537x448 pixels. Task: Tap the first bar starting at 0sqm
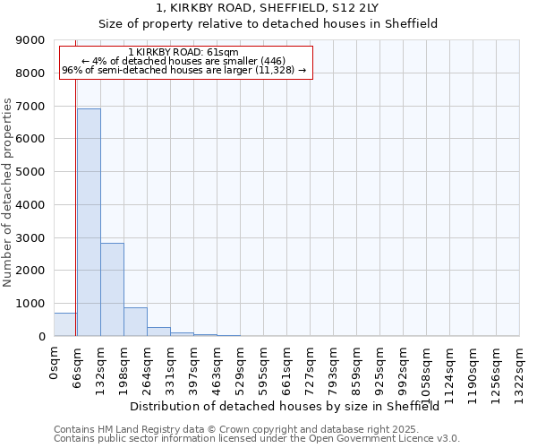click(x=64, y=324)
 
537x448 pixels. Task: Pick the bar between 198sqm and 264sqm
click(x=135, y=322)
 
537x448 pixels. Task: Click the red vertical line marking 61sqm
click(x=75, y=197)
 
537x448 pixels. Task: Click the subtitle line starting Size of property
click(x=268, y=24)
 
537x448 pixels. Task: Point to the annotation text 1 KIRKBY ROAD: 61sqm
click(x=183, y=53)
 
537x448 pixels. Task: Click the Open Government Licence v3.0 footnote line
click(x=257, y=439)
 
